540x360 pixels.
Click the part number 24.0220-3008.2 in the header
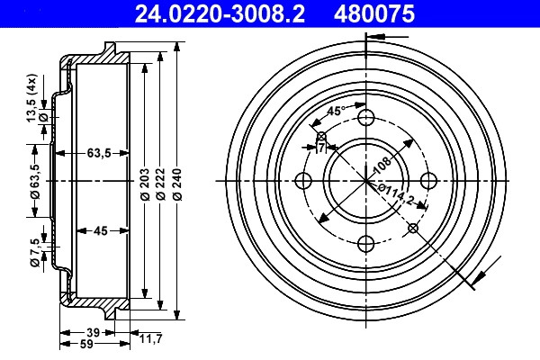[220, 13]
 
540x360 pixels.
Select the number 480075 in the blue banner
[374, 13]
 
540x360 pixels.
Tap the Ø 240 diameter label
[177, 184]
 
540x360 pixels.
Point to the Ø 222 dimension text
[160, 184]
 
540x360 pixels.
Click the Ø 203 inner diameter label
[145, 184]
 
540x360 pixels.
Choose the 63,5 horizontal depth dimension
[99, 153]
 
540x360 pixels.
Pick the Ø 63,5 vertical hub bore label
[35, 182]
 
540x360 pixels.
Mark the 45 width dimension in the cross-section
[101, 230]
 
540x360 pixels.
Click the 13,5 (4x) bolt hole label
[31, 98]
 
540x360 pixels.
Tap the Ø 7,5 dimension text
[35, 253]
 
